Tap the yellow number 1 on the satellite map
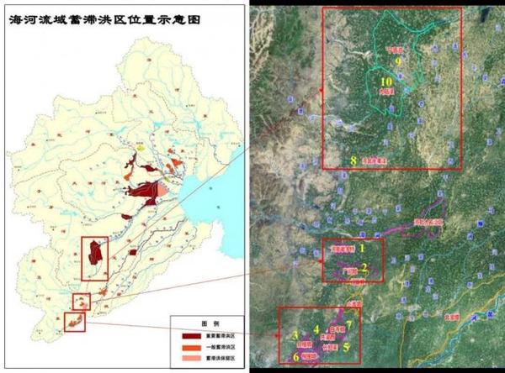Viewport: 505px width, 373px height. point(362,249)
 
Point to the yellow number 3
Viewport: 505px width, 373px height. point(297,335)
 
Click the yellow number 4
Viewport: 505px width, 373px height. point(316,329)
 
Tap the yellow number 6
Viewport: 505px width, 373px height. point(296,357)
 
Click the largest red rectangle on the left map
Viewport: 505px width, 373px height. point(94,258)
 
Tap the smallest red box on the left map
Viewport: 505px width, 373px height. point(81,302)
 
